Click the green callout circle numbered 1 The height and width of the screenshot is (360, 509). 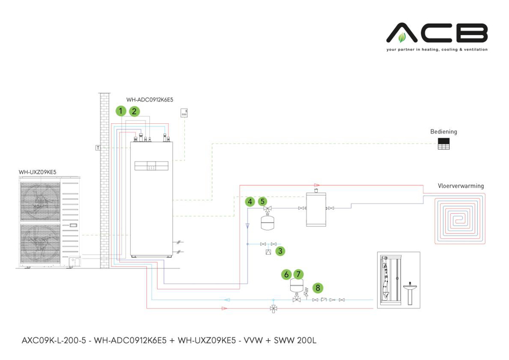coord(120,111)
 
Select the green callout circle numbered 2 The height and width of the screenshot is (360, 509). coord(135,111)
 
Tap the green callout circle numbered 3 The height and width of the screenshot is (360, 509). coord(281,251)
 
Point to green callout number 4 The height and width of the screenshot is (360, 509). coord(249,201)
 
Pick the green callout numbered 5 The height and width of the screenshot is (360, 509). coord(262,201)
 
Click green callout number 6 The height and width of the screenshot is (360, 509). coord(287,274)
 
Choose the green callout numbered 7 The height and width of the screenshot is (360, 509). coord(299,274)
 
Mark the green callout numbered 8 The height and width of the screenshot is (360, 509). coord(318,288)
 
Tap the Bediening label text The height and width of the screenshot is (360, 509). coord(443,132)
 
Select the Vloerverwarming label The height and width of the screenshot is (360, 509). coord(460,185)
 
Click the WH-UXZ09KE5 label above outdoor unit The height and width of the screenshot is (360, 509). coord(37,172)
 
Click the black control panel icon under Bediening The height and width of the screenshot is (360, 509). coord(444,144)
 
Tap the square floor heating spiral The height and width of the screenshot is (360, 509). coord(459,218)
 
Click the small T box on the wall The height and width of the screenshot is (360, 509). coord(98,148)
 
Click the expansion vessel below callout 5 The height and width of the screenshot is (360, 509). coord(267,222)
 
